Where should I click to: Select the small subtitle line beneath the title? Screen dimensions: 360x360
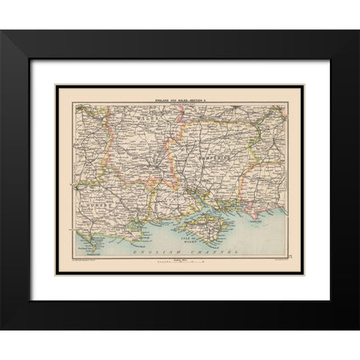tap(180, 97)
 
